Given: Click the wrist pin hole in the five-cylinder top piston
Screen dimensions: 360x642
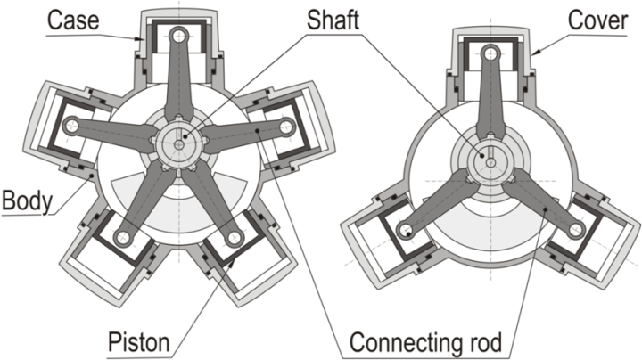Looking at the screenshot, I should (181, 37).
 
